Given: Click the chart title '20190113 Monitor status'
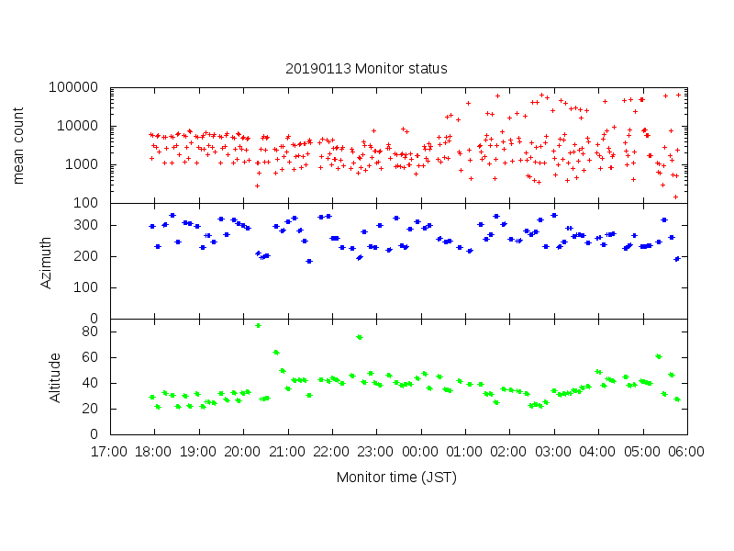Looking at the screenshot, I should tap(366, 69).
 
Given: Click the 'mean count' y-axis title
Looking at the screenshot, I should tap(19, 145).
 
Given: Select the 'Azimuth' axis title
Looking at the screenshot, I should tap(46, 261).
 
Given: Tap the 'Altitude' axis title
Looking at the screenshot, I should tap(55, 377).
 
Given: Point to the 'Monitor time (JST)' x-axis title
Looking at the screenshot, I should tap(396, 477).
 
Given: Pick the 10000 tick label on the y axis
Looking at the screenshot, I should tap(80, 127).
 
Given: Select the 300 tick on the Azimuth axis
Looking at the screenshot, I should tap(88, 225).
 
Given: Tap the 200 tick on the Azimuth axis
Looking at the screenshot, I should tap(88, 256).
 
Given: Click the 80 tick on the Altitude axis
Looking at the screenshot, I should tap(92, 332).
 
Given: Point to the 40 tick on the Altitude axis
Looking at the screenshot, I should tap(92, 383).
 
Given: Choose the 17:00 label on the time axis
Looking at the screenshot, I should tap(110, 452).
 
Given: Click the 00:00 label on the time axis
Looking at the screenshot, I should tap(421, 452).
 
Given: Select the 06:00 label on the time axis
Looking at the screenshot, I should tap(687, 452).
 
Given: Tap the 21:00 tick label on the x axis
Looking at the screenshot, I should tap(288, 452).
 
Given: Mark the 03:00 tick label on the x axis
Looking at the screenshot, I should tap(554, 452).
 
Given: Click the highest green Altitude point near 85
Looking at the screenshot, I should tap(259, 325).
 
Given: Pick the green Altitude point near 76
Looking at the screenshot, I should tap(360, 337).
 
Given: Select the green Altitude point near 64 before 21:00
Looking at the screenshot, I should tap(276, 353).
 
